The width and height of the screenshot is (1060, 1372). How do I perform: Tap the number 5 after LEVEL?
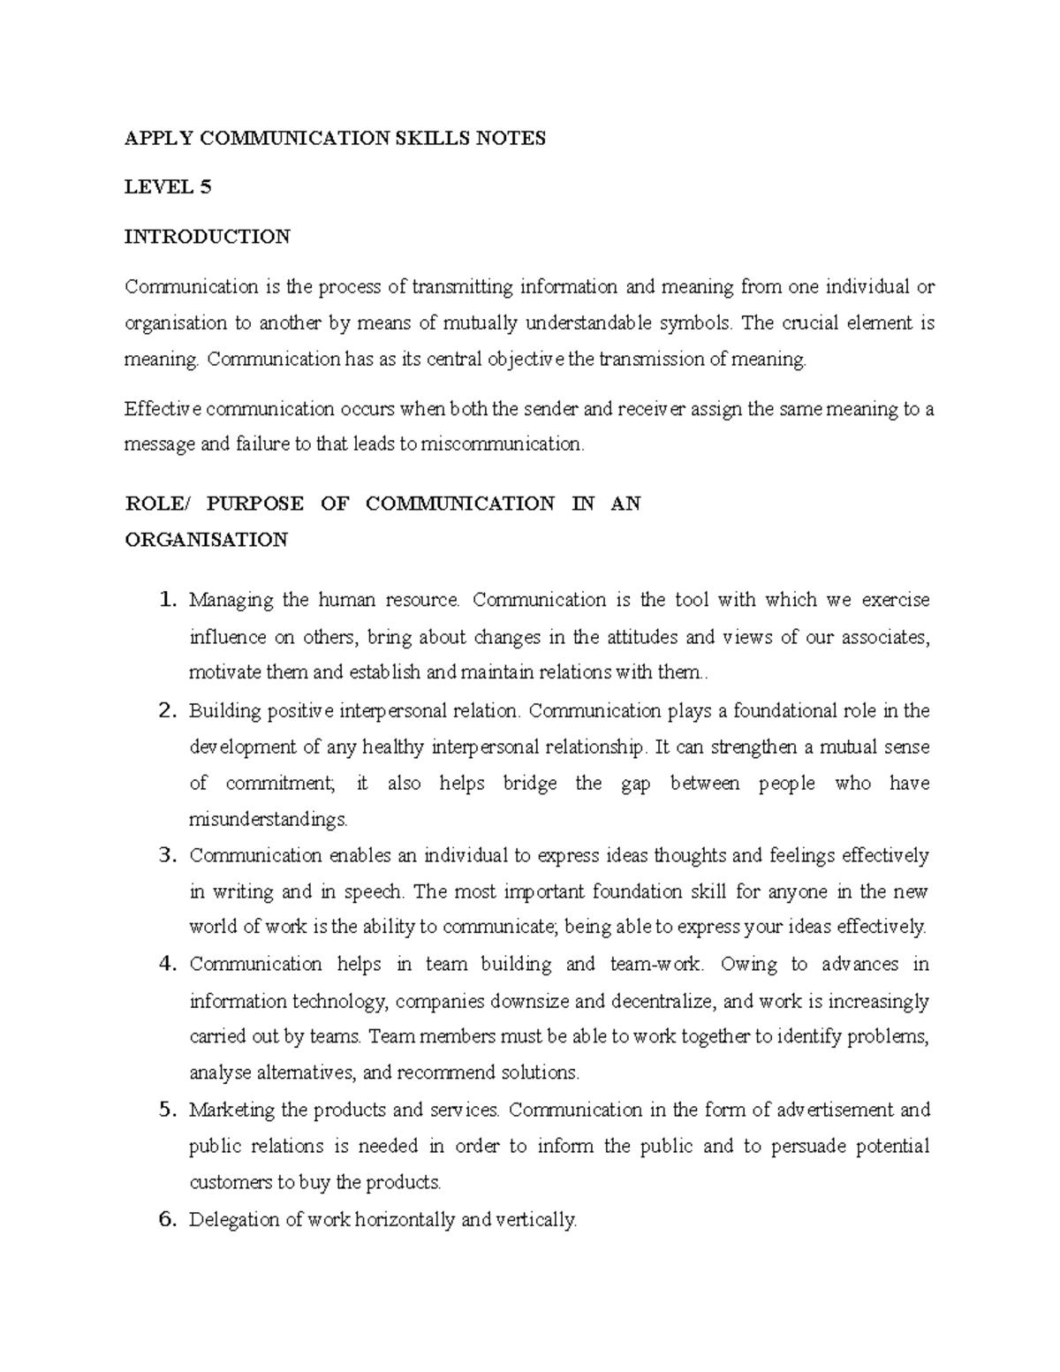[x=206, y=187]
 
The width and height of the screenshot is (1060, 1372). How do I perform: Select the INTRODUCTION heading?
[x=208, y=237]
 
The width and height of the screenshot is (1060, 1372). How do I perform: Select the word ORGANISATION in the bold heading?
[x=207, y=540]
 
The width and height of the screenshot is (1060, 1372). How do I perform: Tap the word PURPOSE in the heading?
[x=254, y=504]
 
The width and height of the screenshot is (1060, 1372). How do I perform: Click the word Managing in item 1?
[x=231, y=601]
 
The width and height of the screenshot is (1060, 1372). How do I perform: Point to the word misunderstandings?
[x=269, y=820]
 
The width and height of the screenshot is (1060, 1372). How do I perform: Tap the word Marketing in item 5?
[x=232, y=1110]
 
